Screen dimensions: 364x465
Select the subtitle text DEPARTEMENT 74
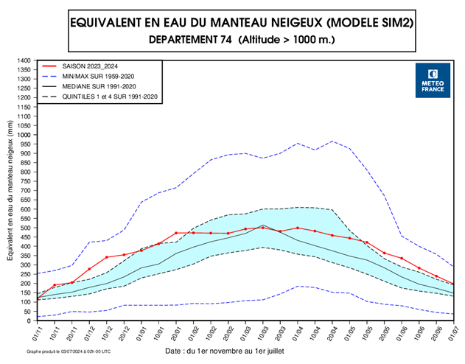[192, 40]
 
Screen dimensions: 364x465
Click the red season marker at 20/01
[176, 233]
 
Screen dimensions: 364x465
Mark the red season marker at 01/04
[298, 228]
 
